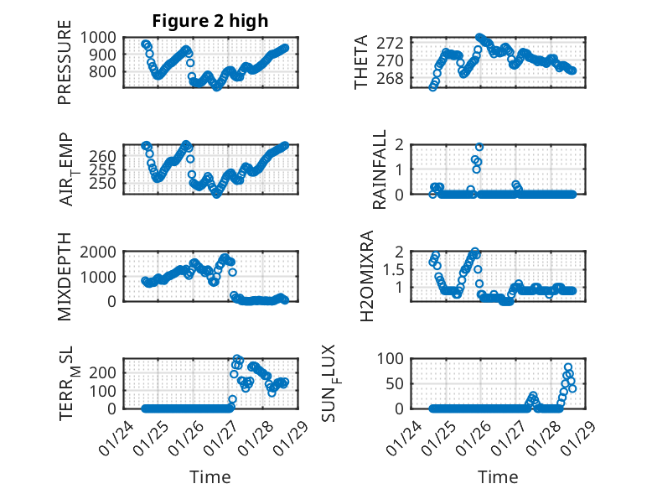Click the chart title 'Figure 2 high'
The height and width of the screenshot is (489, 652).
(210, 20)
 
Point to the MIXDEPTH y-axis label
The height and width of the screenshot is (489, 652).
(65, 278)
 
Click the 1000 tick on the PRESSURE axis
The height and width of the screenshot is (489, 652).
(100, 37)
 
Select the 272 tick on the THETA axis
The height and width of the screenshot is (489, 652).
(397, 42)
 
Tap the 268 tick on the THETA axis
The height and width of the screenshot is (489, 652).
(397, 78)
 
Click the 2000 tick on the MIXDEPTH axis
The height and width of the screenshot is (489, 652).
(100, 252)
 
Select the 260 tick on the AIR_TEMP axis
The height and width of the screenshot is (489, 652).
(106, 156)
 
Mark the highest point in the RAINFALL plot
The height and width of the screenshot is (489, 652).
(479, 147)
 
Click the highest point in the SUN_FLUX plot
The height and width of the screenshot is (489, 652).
(568, 367)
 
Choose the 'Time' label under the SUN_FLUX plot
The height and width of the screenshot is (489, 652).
(498, 477)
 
